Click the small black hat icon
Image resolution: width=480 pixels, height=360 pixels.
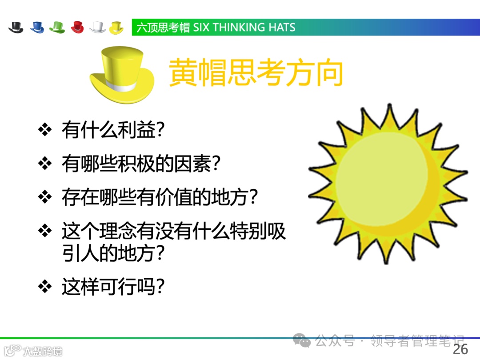coord(16,27)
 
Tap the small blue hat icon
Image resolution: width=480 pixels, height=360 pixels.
coord(37,27)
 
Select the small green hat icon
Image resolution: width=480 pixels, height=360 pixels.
coord(57,27)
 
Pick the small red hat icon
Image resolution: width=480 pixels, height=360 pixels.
coord(77,27)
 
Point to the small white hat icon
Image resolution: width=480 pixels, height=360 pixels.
coord(97,27)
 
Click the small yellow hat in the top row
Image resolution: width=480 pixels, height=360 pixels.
coord(116,27)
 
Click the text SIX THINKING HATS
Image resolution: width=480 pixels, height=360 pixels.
coord(244,27)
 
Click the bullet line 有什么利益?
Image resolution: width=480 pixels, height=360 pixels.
coord(113,130)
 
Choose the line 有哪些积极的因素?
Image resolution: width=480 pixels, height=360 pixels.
coord(141,164)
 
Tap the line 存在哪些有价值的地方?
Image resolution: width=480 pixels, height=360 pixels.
coord(160,197)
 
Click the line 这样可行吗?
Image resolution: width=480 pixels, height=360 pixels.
coord(113,287)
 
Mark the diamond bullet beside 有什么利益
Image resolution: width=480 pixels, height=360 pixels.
coord(45,130)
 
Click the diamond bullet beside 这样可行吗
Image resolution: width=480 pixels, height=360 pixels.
coord(45,287)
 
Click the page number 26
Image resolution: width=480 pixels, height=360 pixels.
coord(460,349)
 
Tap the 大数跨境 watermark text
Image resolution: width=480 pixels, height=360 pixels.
coord(43,351)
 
